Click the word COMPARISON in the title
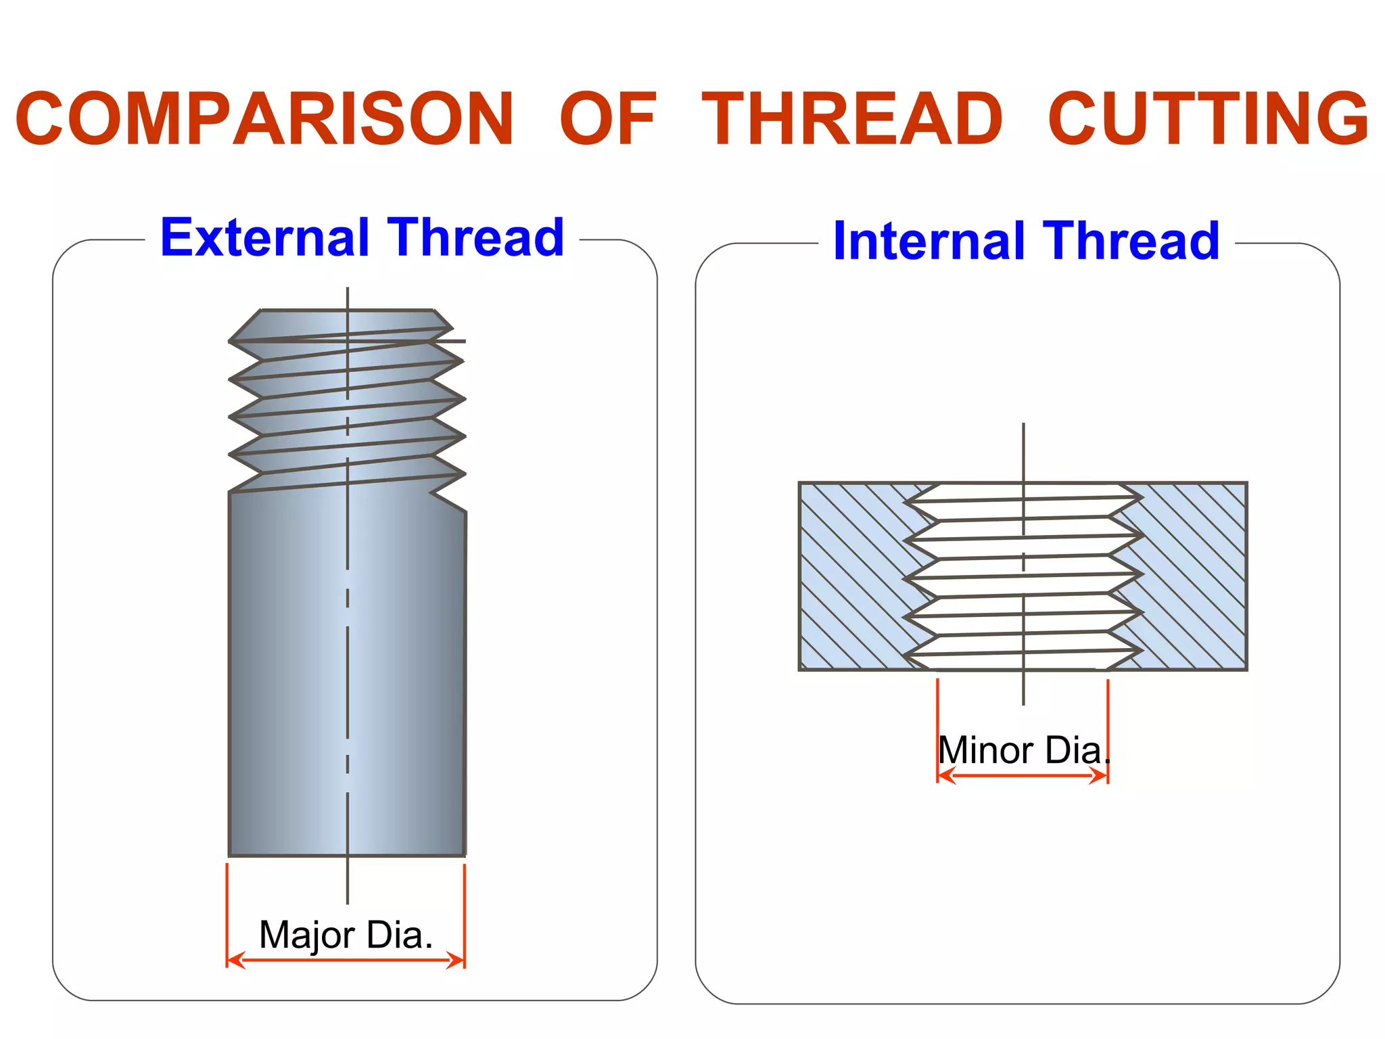pos(265,120)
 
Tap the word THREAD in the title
pos(852,120)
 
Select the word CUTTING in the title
pos(1208,120)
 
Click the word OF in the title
pos(608,120)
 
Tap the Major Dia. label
pos(346,935)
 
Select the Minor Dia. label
pos(1023,750)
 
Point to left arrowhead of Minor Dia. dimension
pos(945,776)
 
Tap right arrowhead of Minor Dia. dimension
pos(1100,776)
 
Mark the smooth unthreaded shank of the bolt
pos(346,676)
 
